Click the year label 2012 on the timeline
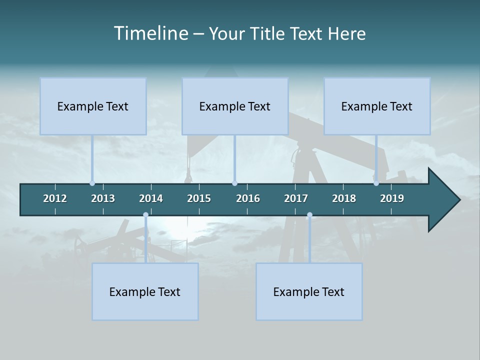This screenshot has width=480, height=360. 55,198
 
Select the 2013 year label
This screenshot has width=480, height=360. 103,198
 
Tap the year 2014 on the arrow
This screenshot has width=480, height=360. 151,198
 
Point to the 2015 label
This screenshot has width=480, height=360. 199,198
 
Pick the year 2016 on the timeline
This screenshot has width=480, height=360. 248,198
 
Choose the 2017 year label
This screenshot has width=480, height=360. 296,198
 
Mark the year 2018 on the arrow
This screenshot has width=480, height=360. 344,198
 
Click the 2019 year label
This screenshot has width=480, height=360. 392,198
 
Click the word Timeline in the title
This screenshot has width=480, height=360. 150,33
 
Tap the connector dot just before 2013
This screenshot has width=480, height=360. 92,183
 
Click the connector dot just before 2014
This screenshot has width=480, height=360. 145,215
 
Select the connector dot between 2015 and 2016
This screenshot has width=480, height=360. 234,183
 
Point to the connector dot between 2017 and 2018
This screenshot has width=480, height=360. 309,215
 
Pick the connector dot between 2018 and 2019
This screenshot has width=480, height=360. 376,183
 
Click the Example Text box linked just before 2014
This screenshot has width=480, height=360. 145,291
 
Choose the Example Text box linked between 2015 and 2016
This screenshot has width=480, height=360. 235,106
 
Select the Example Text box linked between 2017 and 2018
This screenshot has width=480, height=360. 309,291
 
